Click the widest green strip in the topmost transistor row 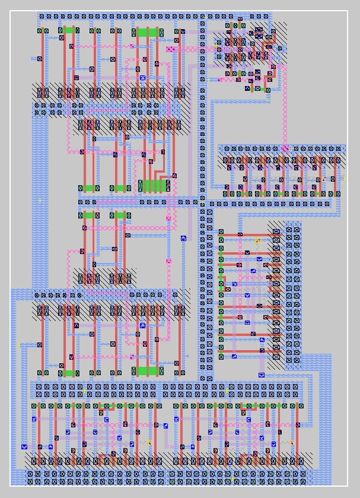[x=147, y=31]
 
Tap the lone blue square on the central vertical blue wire [x=184, y=238]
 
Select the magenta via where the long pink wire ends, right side [x=285, y=148]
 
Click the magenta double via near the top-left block [x=171, y=49]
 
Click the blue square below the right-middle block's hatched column [x=262, y=375]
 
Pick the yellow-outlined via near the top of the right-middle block [x=257, y=240]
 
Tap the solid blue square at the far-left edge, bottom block [x=24, y=446]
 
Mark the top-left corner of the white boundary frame [x=11, y=11]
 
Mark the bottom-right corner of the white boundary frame [x=348, y=486]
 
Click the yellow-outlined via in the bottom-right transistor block [x=292, y=443]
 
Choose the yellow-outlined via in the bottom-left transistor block [x=149, y=443]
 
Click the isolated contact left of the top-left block [x=40, y=59]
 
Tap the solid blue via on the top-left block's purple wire [x=142, y=78]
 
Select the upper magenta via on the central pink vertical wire [x=168, y=218]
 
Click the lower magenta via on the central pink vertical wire [x=168, y=261]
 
